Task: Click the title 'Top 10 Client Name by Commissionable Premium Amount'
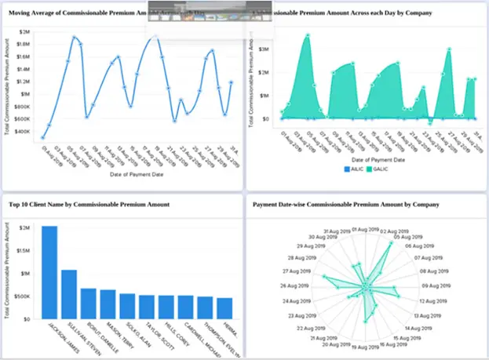(x=101, y=204)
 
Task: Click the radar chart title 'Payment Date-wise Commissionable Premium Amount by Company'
(x=345, y=204)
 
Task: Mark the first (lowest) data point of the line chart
(x=42, y=137)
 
